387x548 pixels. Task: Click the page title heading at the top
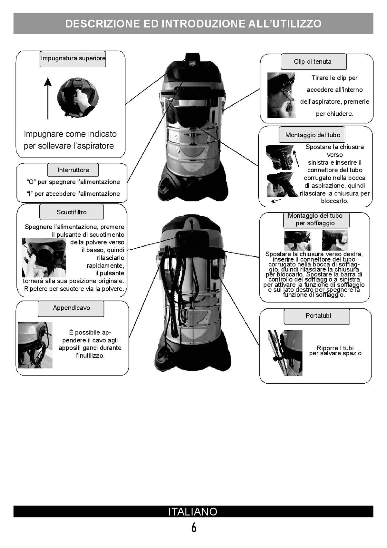point(193,24)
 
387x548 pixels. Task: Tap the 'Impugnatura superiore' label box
point(73,59)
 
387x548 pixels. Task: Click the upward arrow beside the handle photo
point(48,98)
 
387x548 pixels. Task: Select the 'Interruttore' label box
point(73,170)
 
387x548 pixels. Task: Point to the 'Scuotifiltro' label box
point(71,212)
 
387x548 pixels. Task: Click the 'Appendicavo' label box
point(71,308)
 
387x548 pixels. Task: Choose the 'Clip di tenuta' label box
point(314,62)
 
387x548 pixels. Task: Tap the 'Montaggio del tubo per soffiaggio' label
point(316,220)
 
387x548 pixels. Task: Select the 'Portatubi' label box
point(317,316)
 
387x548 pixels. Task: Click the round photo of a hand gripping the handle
point(78,98)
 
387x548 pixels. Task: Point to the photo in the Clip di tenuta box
point(282,95)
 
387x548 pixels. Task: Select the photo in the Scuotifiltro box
point(44,257)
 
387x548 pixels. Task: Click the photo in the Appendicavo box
point(35,345)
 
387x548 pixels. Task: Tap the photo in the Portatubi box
point(285,353)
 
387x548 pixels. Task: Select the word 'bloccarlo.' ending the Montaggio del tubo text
point(334,201)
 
